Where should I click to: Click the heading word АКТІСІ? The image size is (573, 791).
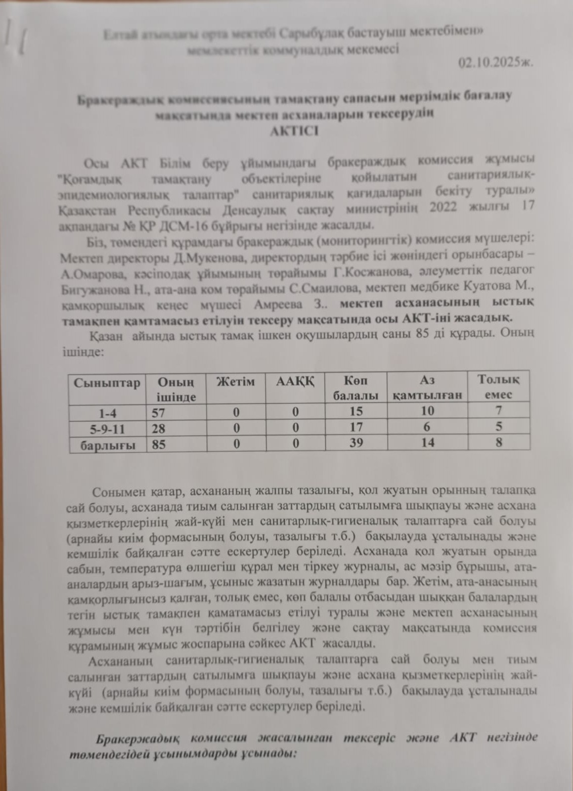point(295,132)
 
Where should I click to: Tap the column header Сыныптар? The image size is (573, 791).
point(107,383)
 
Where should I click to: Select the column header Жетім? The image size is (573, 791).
point(236,382)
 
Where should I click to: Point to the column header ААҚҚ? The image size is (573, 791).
point(295,382)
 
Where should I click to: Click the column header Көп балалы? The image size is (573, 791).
point(355,388)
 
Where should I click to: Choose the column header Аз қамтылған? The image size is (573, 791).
point(427,388)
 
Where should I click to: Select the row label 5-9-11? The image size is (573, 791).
point(107,429)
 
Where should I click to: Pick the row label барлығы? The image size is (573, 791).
point(108,444)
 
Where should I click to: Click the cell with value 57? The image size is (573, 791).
point(159,412)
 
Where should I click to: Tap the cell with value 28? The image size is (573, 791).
point(159,428)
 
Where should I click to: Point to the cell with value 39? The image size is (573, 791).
point(356,443)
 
